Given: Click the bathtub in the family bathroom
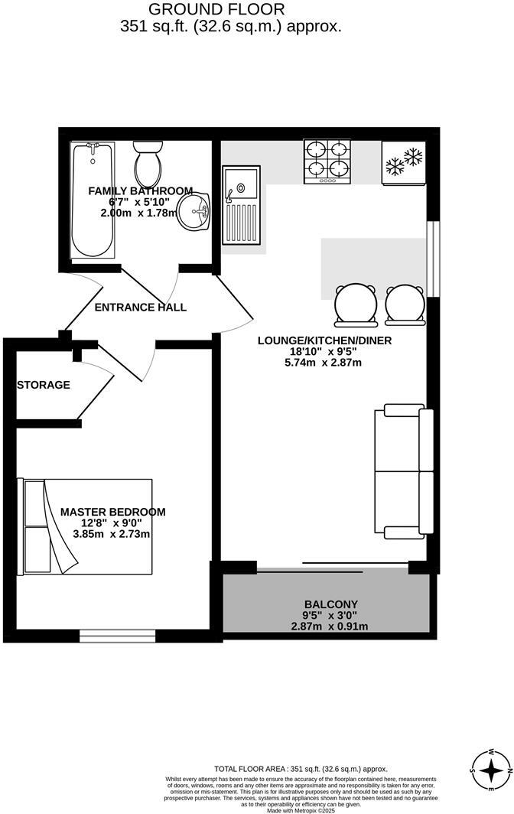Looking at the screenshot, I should click(x=92, y=200).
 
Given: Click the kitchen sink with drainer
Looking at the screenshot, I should click(x=240, y=195).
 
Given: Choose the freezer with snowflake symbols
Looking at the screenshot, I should click(x=403, y=162).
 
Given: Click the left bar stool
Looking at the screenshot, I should click(x=355, y=302).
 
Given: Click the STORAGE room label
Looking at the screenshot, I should click(x=44, y=385).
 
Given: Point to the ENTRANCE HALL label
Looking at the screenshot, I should click(x=140, y=308).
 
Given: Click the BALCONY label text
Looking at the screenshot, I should click(x=330, y=604).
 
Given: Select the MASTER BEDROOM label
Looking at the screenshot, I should click(x=112, y=512).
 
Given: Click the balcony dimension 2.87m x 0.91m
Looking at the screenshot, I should click(x=330, y=626).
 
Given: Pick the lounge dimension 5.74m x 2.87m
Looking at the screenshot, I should click(x=324, y=363).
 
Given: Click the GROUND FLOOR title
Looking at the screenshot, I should click(x=216, y=9).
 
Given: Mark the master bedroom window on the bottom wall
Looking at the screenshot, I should click(x=117, y=634).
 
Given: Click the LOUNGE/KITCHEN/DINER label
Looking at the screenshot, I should click(x=324, y=340).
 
